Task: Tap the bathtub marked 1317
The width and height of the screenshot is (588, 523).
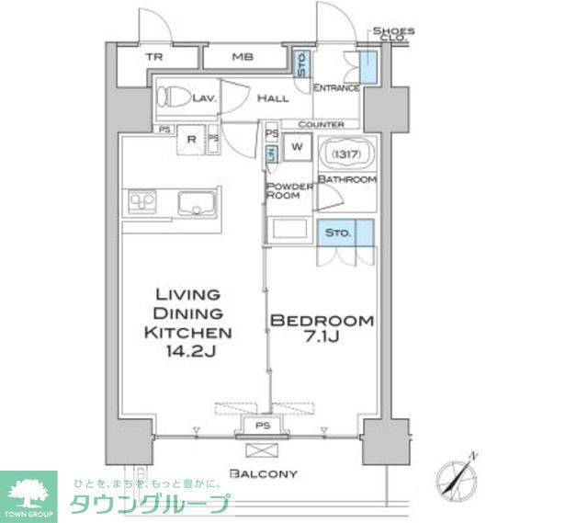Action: [x=345, y=153]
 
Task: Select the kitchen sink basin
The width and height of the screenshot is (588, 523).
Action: [x=197, y=203]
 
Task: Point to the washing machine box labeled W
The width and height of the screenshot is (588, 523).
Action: [x=297, y=146]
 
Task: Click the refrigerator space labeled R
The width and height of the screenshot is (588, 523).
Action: [x=191, y=140]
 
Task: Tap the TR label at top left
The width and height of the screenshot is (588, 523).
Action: [x=153, y=57]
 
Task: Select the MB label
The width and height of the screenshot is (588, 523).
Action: [x=242, y=57]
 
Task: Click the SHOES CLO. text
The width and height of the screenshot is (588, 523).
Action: [x=393, y=35]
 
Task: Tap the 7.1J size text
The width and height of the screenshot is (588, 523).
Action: [x=321, y=339]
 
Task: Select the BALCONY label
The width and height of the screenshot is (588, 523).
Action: [x=264, y=473]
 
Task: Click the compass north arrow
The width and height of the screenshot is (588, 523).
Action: [x=458, y=475]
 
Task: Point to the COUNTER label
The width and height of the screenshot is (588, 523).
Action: [x=322, y=124]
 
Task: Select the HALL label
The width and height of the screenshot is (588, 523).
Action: [x=273, y=98]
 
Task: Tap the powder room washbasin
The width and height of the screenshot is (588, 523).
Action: [x=289, y=230]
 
